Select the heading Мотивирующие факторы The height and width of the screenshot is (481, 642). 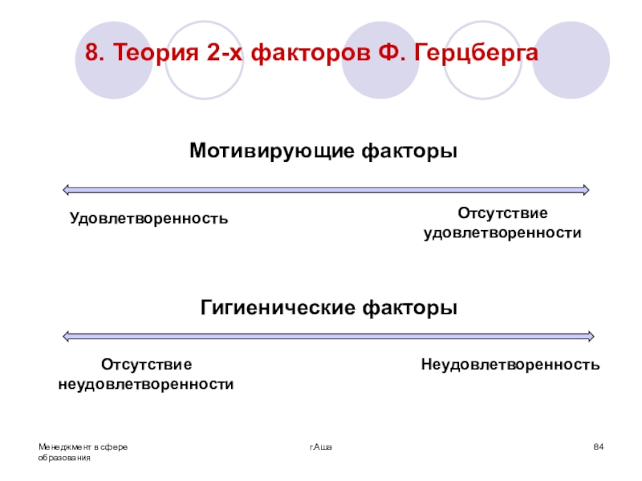(x=323, y=151)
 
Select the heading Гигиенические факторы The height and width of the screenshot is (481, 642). (x=329, y=308)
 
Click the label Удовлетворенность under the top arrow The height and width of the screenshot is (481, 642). (x=148, y=218)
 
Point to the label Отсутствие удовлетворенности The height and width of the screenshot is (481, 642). (x=502, y=223)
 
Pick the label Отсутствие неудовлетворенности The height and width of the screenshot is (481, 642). (x=146, y=374)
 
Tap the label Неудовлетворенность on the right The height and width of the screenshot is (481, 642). (x=510, y=365)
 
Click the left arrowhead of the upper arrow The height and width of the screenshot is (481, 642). (x=67, y=190)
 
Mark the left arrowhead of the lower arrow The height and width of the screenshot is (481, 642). (x=67, y=336)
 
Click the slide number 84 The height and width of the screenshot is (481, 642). (x=598, y=446)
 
